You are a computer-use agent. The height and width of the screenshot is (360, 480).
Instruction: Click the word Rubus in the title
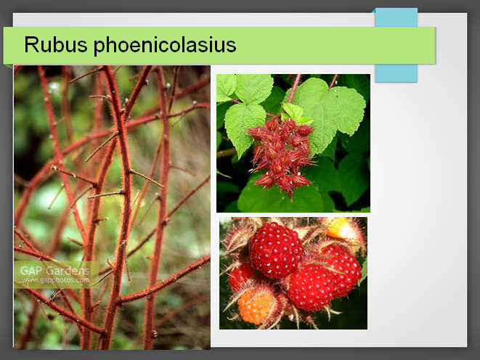click(56, 45)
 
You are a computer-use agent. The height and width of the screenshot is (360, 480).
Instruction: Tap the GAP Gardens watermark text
click(54, 271)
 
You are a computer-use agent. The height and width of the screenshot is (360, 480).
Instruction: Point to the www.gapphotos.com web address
click(56, 280)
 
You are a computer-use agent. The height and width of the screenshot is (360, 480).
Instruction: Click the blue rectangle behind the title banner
click(396, 45)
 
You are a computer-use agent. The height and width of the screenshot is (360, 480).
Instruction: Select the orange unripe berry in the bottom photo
click(256, 307)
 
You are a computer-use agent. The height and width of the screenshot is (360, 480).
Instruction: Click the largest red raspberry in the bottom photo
click(275, 250)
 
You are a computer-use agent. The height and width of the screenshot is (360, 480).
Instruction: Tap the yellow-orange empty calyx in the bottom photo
click(341, 228)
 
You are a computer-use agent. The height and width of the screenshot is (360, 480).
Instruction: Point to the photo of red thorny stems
click(112, 208)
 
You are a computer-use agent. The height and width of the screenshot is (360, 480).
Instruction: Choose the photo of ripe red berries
click(293, 273)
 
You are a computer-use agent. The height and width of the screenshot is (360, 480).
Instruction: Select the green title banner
click(219, 45)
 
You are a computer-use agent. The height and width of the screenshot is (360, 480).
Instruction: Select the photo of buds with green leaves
click(293, 143)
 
